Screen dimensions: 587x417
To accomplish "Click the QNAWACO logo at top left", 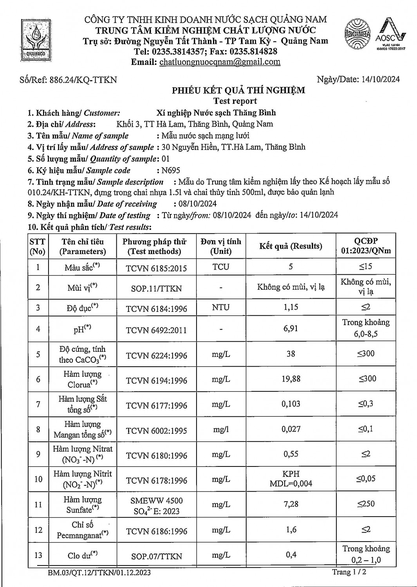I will click(x=36, y=39).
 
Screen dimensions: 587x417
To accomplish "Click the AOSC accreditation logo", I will click(x=390, y=35).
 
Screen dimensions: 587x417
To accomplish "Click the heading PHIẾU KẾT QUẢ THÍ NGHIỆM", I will click(x=238, y=90).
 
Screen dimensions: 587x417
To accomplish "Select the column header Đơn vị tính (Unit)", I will click(x=221, y=246).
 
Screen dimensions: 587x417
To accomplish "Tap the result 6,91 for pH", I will click(x=291, y=328).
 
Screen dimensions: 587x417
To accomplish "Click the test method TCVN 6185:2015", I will click(x=156, y=268).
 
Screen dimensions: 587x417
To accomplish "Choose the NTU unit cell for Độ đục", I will click(x=221, y=308).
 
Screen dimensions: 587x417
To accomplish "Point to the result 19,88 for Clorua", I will click(x=291, y=379).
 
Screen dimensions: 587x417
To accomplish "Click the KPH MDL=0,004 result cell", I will click(x=291, y=479).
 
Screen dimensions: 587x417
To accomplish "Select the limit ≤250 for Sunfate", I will click(x=366, y=504).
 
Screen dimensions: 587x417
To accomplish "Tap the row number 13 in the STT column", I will click(x=38, y=555).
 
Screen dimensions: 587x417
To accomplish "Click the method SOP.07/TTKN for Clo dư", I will click(x=156, y=556).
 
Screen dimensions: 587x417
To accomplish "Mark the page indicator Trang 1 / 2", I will click(x=349, y=572).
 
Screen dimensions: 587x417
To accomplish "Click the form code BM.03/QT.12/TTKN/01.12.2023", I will click(x=99, y=573).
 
